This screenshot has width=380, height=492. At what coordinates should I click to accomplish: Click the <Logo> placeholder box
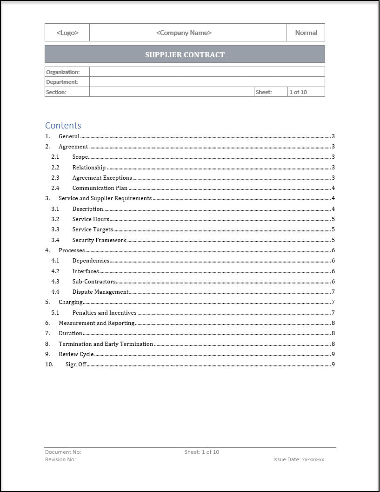(x=67, y=33)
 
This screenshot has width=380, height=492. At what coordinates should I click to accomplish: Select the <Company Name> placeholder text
(x=184, y=33)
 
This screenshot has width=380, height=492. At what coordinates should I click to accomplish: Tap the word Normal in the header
(x=306, y=33)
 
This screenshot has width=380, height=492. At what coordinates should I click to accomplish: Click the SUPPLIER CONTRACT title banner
(x=185, y=54)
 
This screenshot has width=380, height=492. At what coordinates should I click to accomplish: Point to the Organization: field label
(x=63, y=72)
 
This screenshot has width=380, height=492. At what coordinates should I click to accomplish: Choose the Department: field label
(x=62, y=82)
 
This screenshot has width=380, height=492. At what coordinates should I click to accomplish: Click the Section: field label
(x=56, y=92)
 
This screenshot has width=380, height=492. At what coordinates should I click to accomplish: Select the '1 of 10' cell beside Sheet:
(x=298, y=92)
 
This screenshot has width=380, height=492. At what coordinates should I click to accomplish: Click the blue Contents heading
(x=63, y=125)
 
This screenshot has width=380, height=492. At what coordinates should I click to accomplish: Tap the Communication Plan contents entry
(x=100, y=188)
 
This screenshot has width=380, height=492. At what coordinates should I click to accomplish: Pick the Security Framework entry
(x=100, y=240)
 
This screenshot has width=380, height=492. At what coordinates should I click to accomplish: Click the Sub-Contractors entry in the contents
(x=94, y=282)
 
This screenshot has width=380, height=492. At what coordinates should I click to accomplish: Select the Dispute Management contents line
(x=100, y=292)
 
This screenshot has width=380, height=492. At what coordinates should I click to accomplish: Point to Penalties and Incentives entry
(x=105, y=313)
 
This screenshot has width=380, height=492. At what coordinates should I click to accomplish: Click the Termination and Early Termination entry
(x=106, y=344)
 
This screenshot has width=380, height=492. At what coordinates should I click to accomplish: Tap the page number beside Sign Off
(x=333, y=364)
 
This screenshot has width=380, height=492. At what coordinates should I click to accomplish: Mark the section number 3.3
(x=55, y=229)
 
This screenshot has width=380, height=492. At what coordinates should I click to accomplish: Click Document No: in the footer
(x=63, y=452)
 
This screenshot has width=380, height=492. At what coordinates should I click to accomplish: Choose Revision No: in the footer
(x=60, y=459)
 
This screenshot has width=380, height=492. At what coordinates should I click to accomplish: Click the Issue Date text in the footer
(x=299, y=459)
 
